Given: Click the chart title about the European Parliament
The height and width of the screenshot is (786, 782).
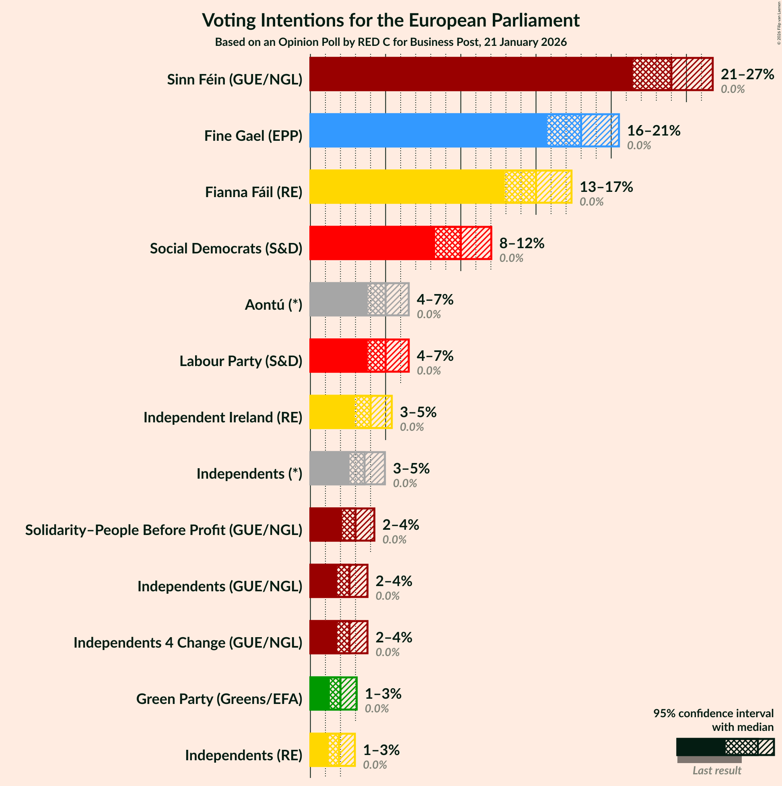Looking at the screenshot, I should click(x=391, y=21).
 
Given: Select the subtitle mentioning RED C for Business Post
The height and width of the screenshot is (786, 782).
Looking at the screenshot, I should click(x=391, y=42).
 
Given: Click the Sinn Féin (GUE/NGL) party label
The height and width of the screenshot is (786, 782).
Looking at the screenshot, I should click(x=235, y=79).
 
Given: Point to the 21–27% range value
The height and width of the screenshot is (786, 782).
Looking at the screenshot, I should click(x=747, y=74).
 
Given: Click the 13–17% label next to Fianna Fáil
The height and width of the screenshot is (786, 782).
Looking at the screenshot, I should click(x=606, y=187).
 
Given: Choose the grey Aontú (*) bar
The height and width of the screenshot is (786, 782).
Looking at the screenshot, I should click(x=338, y=299).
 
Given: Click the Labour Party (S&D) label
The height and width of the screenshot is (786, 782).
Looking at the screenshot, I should click(x=241, y=361).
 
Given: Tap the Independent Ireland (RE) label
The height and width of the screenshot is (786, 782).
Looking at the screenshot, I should click(x=222, y=418).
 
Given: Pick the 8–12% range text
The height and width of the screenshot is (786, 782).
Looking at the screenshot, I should click(x=521, y=243).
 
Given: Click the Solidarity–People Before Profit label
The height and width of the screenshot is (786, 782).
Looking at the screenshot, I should click(x=164, y=530).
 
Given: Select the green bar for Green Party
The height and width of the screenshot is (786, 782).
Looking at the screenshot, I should click(x=319, y=693).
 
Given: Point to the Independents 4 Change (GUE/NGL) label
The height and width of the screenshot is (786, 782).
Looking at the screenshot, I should click(x=187, y=642).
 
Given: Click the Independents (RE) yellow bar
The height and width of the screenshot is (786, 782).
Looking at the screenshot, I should click(x=319, y=750).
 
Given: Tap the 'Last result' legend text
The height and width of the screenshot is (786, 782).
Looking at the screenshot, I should click(x=716, y=771).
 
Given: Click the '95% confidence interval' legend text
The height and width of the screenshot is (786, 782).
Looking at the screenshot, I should click(x=713, y=714).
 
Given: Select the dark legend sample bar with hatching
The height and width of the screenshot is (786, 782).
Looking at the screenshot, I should click(x=724, y=747).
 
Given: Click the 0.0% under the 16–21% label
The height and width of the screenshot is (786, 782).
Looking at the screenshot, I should click(x=638, y=145).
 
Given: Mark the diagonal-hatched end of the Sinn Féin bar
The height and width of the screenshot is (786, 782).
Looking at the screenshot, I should click(x=691, y=74).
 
